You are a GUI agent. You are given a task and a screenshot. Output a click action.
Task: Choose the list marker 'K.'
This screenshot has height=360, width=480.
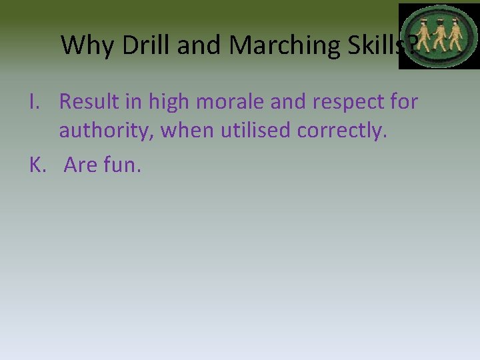pyautogui.click(x=37, y=165)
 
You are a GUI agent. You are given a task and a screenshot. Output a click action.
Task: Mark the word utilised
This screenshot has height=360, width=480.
pyautogui.click(x=254, y=131)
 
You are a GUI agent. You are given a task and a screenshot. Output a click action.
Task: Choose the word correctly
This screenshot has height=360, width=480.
pyautogui.click(x=341, y=131)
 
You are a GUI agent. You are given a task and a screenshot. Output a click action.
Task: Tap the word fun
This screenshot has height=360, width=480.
pyautogui.click(x=122, y=165)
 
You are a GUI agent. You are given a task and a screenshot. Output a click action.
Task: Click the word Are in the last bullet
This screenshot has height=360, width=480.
pyautogui.click(x=80, y=165)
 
